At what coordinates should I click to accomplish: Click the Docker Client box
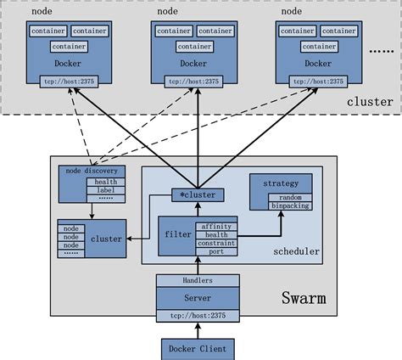[x=198, y=347]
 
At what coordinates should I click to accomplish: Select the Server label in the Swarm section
[x=198, y=298]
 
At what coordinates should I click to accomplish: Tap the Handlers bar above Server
[x=198, y=280]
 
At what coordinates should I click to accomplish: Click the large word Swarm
[x=304, y=299]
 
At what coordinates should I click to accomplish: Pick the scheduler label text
[x=296, y=252]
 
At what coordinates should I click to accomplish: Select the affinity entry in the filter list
[x=215, y=226]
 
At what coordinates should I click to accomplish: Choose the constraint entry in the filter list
[x=215, y=243]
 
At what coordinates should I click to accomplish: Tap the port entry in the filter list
[x=215, y=250]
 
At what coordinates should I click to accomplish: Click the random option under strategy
[x=290, y=198]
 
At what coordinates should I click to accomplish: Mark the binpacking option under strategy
[x=290, y=206]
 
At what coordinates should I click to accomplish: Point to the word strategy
[x=281, y=182]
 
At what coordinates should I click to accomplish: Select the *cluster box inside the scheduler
[x=197, y=194]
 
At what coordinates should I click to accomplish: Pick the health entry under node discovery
[x=106, y=182]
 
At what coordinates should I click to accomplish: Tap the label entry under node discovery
[x=106, y=190]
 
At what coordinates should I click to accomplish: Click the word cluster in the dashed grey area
[x=370, y=102]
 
